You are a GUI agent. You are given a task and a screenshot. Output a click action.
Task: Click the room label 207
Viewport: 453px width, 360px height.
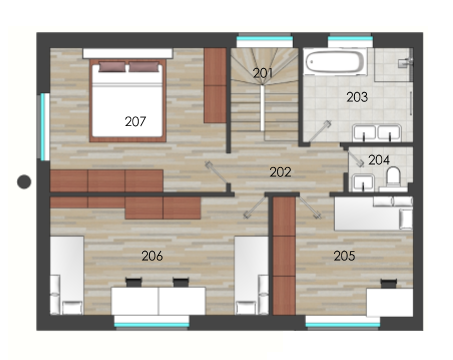pyautogui.click(x=135, y=121)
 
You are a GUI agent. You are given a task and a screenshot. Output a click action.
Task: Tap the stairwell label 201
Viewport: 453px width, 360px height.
pyautogui.click(x=263, y=73)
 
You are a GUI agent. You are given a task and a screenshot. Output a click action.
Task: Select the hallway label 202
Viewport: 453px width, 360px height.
pyautogui.click(x=280, y=172)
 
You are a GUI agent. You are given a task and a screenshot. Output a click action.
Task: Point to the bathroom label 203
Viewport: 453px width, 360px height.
pyautogui.click(x=357, y=97)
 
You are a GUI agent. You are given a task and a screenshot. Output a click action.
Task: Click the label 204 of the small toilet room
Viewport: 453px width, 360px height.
pyautogui.click(x=379, y=160)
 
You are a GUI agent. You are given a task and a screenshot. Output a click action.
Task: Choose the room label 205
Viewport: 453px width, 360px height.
pyautogui.click(x=344, y=256)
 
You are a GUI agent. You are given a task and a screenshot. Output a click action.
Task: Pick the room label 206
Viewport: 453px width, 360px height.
pyautogui.click(x=152, y=256)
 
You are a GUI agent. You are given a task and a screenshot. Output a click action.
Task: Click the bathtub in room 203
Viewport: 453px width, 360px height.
pyautogui.click(x=335, y=62)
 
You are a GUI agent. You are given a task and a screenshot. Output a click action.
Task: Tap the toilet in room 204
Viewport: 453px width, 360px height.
pyautogui.click(x=393, y=177)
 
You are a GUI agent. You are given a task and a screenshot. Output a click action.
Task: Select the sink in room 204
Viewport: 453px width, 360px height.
pyautogui.click(x=363, y=183)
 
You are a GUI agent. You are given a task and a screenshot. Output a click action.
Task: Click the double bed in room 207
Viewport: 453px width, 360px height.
pyautogui.click(x=128, y=100)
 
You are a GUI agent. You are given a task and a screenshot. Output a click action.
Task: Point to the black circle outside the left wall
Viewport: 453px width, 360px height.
pyautogui.click(x=24, y=182)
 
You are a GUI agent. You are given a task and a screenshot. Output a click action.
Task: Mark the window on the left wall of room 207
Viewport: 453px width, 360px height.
pyautogui.click(x=44, y=127)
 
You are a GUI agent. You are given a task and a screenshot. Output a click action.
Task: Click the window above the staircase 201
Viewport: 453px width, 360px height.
pyautogui.click(x=265, y=40)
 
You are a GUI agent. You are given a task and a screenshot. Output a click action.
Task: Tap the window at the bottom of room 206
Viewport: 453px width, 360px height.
pyautogui.click(x=152, y=323)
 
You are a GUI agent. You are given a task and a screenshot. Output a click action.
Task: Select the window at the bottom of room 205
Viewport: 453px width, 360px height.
pyautogui.click(x=343, y=323)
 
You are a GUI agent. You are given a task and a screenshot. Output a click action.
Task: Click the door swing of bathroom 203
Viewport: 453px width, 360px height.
pyautogui.click(x=319, y=131)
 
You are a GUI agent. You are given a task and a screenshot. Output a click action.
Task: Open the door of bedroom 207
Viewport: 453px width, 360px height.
pyautogui.click(x=217, y=173)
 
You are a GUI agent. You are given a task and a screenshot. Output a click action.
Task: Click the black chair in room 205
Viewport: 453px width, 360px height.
pyautogui.click(x=389, y=284)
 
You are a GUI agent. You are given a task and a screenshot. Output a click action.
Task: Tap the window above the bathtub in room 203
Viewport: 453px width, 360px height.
pyautogui.click(x=350, y=40)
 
